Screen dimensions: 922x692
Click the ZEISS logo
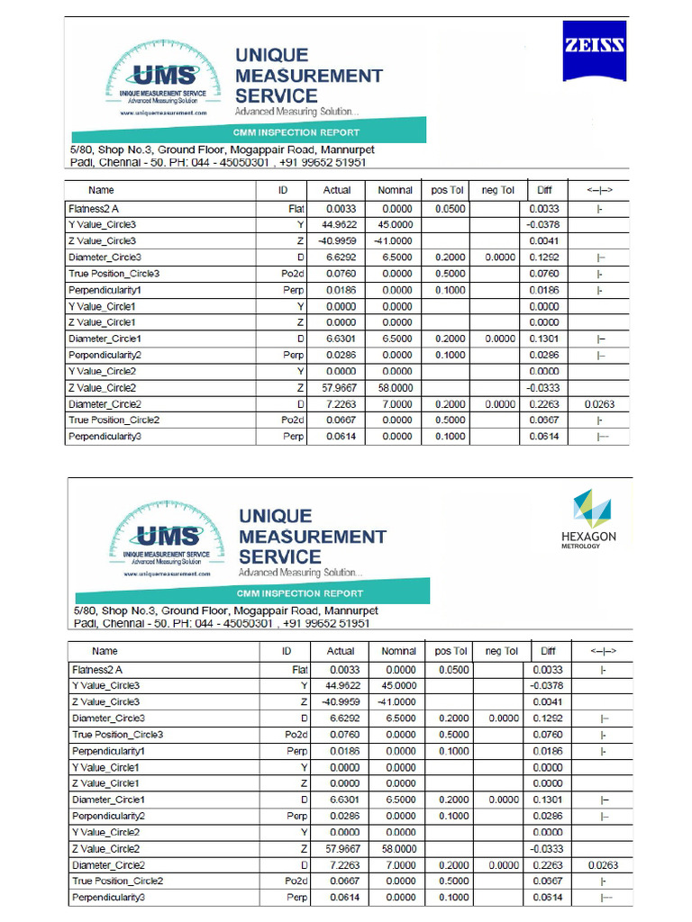[595, 49]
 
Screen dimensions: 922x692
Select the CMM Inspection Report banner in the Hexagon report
[300, 593]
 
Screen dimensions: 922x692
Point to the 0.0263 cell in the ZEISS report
[599, 404]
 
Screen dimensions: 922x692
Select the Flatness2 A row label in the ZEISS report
[95, 208]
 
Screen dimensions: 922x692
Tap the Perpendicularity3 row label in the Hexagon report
[108, 898]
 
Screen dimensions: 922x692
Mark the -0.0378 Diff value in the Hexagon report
[548, 685]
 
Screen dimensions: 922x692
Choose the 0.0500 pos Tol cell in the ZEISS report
[449, 208]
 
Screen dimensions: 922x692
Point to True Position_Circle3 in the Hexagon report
[117, 735]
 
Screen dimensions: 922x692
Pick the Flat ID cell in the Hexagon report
[300, 669]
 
